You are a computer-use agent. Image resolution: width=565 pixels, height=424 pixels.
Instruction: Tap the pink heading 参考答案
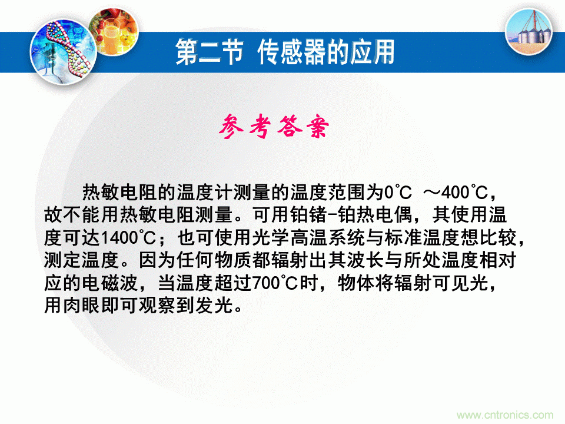pyautogui.click(x=275, y=126)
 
